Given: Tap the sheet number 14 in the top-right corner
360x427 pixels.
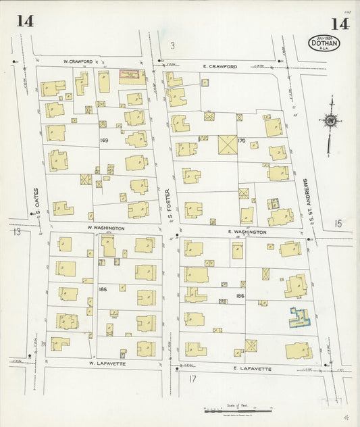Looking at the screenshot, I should point(340,25).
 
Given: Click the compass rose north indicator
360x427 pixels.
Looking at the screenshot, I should point(331,122).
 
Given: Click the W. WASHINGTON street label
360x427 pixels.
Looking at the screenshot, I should point(105,228).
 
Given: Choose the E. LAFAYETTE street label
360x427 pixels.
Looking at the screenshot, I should point(251,369).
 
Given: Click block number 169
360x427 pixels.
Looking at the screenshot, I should point(103,141).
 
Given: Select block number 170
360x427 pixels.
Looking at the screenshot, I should point(242,141).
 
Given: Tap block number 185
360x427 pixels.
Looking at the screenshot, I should point(103,289).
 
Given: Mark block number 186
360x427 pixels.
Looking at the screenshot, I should point(240,296).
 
